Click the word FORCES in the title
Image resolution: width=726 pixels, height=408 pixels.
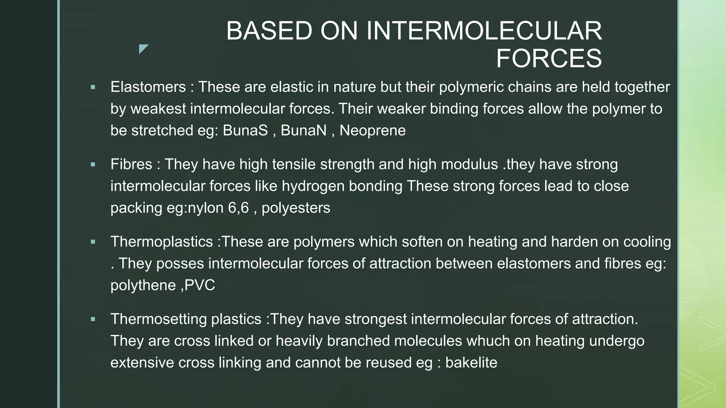(x=549, y=58)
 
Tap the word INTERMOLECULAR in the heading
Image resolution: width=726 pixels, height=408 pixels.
(x=484, y=31)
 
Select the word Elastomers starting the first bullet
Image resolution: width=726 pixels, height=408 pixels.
(x=148, y=87)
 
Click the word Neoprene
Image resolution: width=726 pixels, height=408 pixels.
(x=373, y=130)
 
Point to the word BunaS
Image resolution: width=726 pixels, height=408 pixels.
(x=245, y=130)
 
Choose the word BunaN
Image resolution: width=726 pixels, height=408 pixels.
(x=303, y=130)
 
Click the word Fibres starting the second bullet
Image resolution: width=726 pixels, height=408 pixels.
(x=131, y=164)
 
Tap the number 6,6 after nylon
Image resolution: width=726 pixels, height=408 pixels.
(x=238, y=208)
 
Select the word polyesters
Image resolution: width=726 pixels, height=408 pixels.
(x=296, y=208)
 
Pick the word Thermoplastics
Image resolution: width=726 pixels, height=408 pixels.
(x=162, y=242)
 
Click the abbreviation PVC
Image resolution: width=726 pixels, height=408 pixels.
(x=200, y=285)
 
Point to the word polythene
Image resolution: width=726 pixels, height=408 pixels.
(x=143, y=285)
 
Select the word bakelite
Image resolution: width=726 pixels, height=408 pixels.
(x=471, y=363)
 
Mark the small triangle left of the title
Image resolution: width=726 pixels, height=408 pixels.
(x=143, y=49)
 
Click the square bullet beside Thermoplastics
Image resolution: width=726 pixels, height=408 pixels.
(x=93, y=242)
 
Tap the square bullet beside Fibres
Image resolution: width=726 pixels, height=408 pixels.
(x=93, y=165)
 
